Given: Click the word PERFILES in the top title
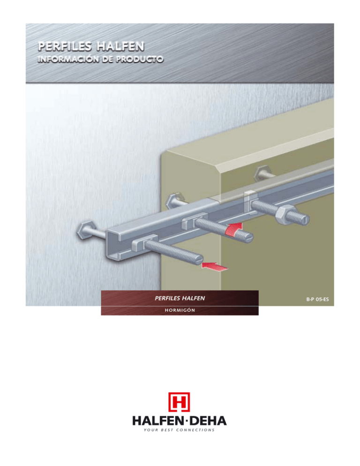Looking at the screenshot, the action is coord(65,46).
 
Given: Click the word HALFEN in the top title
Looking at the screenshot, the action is coord(120,46).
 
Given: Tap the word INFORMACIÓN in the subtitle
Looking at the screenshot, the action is coord(68,59).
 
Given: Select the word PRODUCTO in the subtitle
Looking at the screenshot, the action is coord(140,59).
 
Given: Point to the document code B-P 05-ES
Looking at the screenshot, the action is coord(317,299).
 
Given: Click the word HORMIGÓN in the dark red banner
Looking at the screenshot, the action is coord(180,310).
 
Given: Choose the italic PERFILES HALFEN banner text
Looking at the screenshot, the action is coord(180,298).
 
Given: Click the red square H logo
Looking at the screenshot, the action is coord(179,402).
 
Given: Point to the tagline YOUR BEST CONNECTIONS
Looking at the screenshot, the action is coord(179,430).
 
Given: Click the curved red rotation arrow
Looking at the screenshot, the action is coord(234,229).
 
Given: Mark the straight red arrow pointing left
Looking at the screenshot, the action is coord(215,266).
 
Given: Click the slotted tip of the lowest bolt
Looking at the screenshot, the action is coord(198,258).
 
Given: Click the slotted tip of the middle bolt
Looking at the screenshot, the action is coord(248,237).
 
